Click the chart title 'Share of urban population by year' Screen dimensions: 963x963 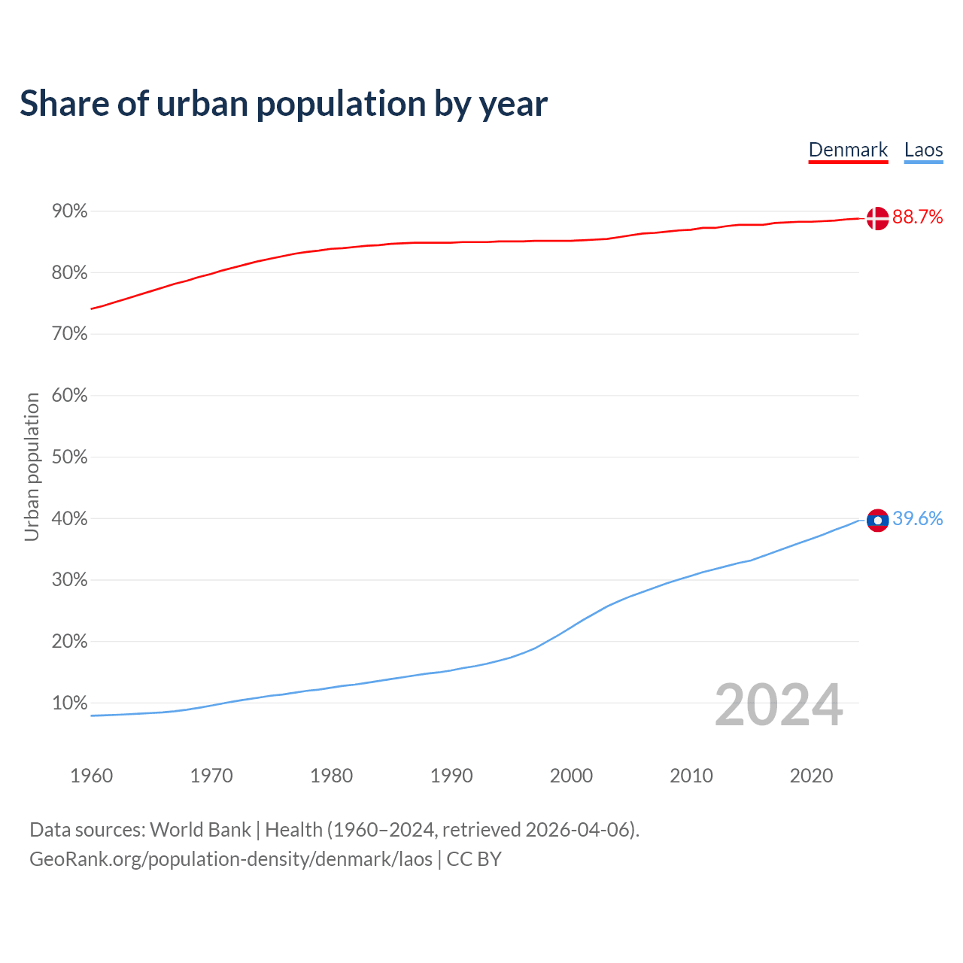pyautogui.click(x=284, y=104)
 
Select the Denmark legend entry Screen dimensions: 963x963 pyautogui.click(x=848, y=150)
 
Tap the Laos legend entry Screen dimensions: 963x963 pyautogui.click(x=923, y=150)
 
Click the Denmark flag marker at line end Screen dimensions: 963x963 pyautogui.click(x=877, y=218)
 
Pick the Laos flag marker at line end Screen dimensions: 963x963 pyautogui.click(x=877, y=520)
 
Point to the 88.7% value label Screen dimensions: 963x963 pyautogui.click(x=917, y=217)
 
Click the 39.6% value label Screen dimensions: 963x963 pyautogui.click(x=917, y=519)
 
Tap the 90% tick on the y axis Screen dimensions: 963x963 pyautogui.click(x=70, y=211)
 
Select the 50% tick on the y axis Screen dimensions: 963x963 pyautogui.click(x=70, y=457)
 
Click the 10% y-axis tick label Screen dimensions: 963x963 pyautogui.click(x=70, y=703)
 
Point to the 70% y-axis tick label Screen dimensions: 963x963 pyautogui.click(x=70, y=334)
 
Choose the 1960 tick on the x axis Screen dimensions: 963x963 pyautogui.click(x=91, y=776)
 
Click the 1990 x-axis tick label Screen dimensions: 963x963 pyautogui.click(x=451, y=776)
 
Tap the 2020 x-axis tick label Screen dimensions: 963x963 pyautogui.click(x=811, y=776)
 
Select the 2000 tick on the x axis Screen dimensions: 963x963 pyautogui.click(x=571, y=776)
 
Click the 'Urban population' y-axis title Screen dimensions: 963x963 pyautogui.click(x=32, y=466)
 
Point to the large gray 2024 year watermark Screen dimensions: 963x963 pyautogui.click(x=779, y=706)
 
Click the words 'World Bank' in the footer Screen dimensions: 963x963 pyautogui.click(x=200, y=830)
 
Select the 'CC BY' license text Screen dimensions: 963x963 pyautogui.click(x=474, y=859)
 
